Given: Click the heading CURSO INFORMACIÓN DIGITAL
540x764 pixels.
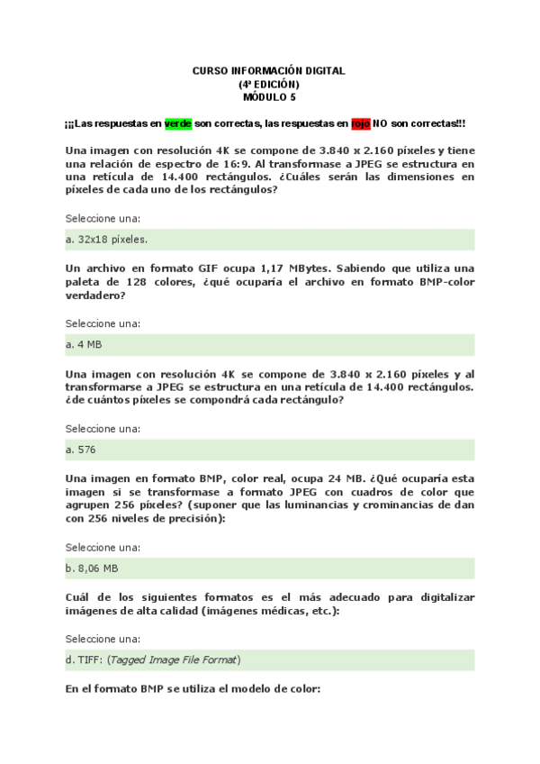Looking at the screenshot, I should (269, 70).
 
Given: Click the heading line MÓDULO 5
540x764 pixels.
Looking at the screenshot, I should (269, 96).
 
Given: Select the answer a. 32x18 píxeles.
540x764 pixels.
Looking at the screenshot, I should (107, 240).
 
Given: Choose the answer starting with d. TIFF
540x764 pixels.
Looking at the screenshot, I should (154, 659).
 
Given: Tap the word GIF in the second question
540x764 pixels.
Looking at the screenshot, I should (226, 268).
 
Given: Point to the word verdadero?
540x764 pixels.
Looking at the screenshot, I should (95, 296).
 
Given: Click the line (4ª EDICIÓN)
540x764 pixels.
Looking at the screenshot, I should (269, 84).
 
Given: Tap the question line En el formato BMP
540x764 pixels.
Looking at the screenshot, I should (193, 689).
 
